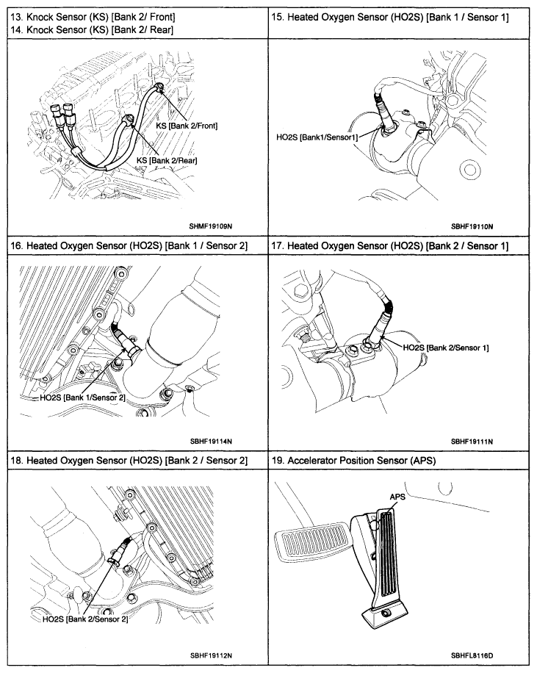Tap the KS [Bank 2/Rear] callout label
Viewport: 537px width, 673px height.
(x=167, y=159)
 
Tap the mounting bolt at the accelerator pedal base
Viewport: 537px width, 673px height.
(x=386, y=612)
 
